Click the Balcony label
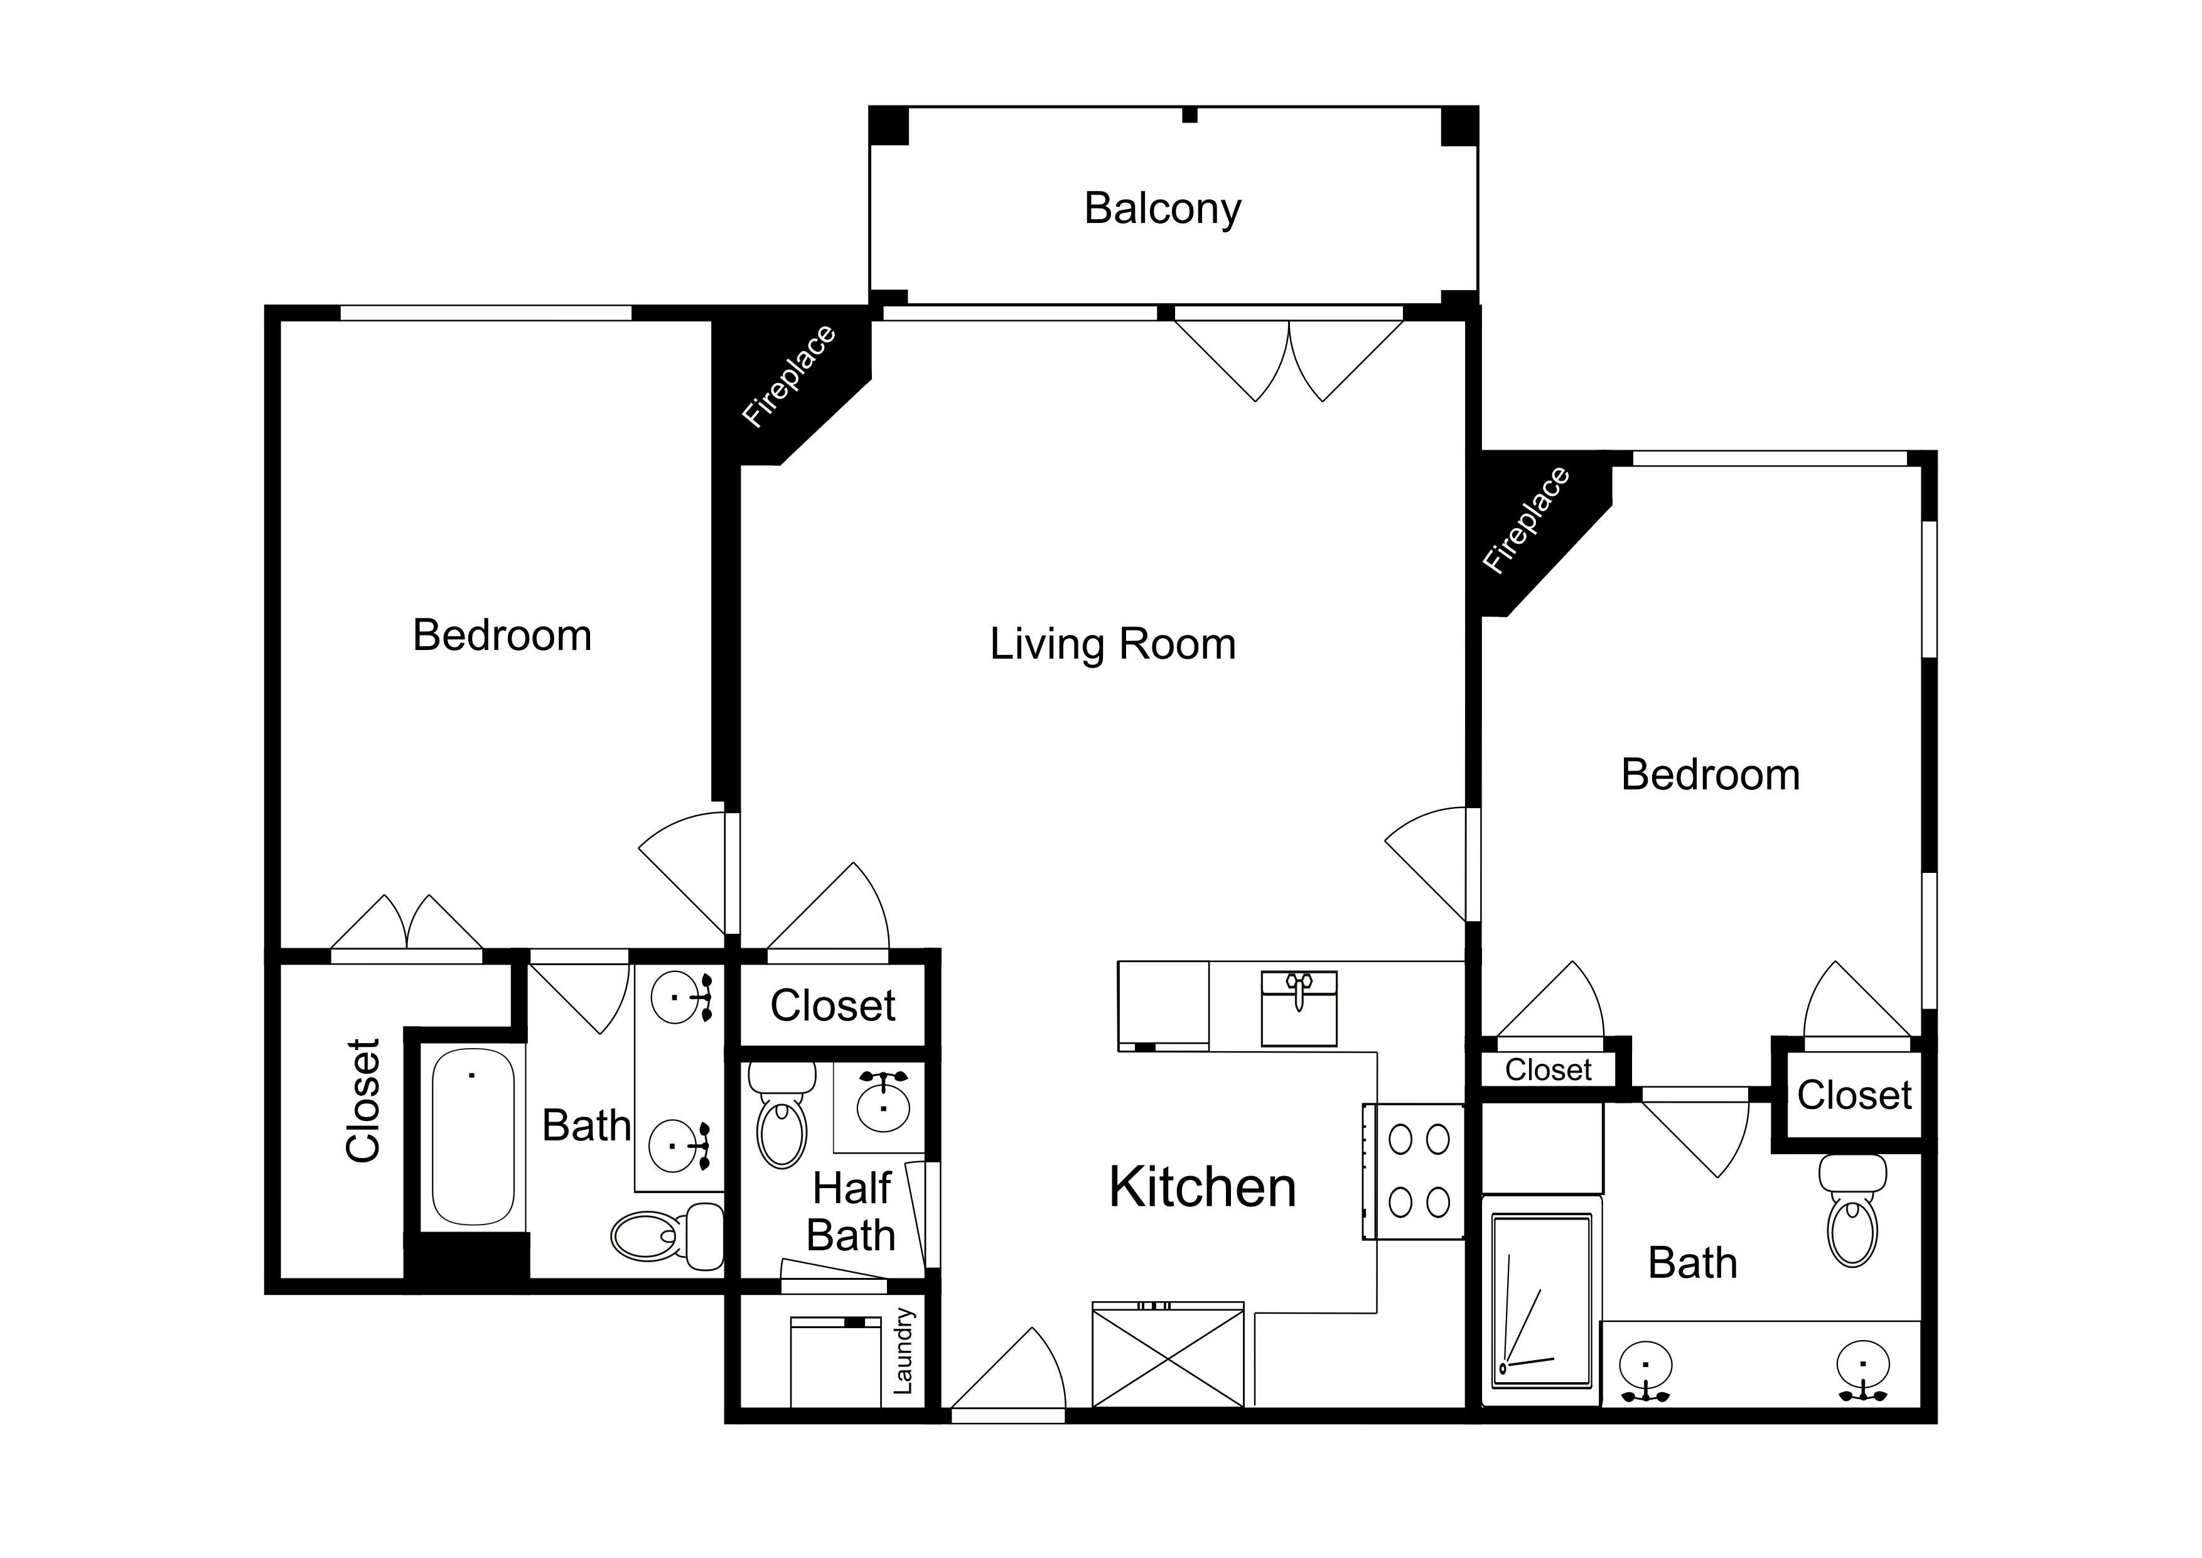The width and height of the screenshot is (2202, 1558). click(x=1163, y=209)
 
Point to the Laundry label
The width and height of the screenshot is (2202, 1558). click(x=903, y=1351)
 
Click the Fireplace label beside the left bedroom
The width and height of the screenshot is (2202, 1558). click(x=789, y=376)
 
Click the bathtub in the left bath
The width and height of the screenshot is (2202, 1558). click(x=473, y=1137)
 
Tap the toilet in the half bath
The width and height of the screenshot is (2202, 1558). click(x=781, y=1115)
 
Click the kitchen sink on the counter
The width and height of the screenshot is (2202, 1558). click(x=1299, y=1009)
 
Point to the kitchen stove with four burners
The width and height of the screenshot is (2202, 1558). click(x=1414, y=1171)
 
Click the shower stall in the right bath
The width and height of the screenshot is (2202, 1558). click(x=1541, y=1302)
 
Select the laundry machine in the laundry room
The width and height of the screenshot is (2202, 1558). click(x=835, y=1362)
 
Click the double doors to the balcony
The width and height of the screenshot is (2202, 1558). click(x=1289, y=360)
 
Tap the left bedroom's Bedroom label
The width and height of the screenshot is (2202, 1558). click(x=502, y=636)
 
